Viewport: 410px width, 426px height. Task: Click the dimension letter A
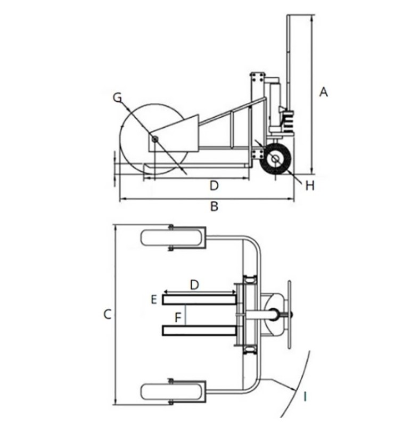point(323,92)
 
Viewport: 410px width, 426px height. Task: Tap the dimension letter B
point(215,207)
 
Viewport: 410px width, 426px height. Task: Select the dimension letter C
point(108,314)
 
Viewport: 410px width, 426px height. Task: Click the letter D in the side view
point(214,186)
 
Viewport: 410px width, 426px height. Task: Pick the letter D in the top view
point(194,285)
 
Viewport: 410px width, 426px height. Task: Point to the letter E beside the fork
point(154,300)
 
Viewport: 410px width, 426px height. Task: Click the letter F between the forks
point(178,317)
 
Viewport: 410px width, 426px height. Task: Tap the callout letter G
point(117,97)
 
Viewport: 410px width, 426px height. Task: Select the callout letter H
point(310,186)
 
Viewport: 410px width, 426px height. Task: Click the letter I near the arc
point(305,397)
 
